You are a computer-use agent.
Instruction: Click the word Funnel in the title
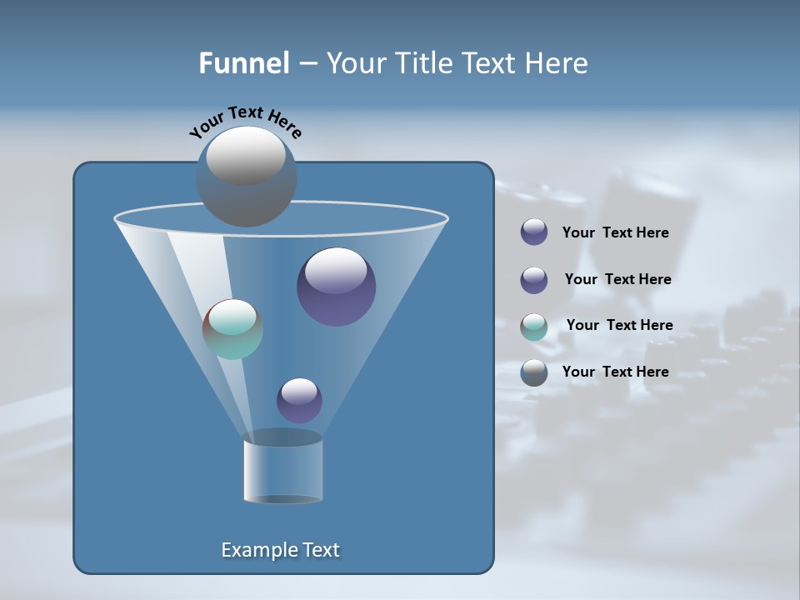[x=243, y=63]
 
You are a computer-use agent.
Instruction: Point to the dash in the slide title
[x=307, y=64]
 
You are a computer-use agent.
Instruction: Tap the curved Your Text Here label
[x=245, y=120]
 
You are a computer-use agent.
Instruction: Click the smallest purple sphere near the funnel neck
[x=299, y=401]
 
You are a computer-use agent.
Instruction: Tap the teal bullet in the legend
[x=534, y=327]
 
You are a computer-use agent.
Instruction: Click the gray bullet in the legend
[x=534, y=372]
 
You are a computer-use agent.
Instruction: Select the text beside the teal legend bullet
[x=619, y=325]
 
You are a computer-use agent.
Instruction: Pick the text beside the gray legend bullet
[x=615, y=372]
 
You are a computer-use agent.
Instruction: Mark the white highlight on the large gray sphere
[x=246, y=154]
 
